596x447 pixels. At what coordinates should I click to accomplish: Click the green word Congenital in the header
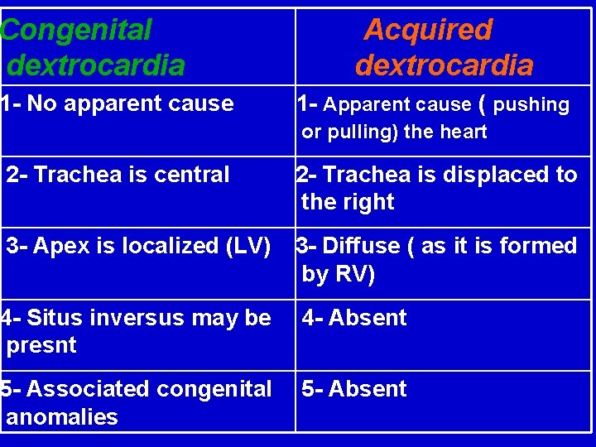click(76, 31)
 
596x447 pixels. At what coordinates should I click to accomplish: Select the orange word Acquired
click(428, 31)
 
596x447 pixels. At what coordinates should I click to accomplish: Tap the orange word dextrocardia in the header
click(445, 65)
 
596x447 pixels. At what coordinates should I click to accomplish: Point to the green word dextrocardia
click(95, 65)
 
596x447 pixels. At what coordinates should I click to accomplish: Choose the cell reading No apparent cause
click(118, 104)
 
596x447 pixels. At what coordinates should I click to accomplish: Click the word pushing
click(531, 105)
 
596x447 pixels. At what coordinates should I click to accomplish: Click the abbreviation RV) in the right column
click(354, 274)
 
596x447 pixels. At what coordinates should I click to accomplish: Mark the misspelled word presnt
click(41, 345)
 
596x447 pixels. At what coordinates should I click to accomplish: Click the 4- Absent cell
click(354, 318)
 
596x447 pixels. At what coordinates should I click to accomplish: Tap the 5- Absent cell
click(354, 389)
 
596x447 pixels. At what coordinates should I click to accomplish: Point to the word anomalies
click(62, 416)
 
